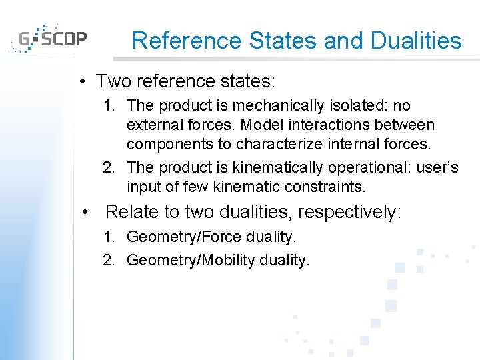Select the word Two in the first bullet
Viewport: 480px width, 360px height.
tap(111, 81)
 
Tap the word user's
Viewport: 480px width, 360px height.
tap(437, 167)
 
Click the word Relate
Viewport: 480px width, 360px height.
tap(132, 212)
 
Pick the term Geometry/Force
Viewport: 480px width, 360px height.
tap(187, 237)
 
